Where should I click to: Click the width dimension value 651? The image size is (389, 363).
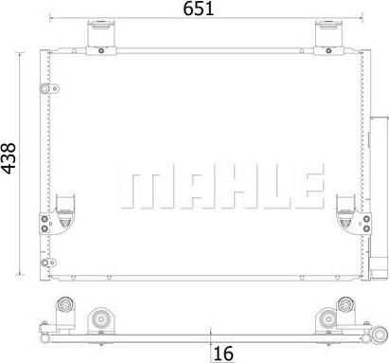pyautogui.click(x=199, y=9)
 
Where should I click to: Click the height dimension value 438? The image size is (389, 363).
pyautogui.click(x=9, y=158)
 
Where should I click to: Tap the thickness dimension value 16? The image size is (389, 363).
pyautogui.click(x=223, y=354)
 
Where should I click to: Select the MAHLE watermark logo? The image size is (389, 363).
pyautogui.click(x=222, y=186)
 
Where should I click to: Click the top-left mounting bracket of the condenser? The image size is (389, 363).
pyautogui.click(x=101, y=37)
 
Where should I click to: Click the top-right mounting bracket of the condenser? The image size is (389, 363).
pyautogui.click(x=328, y=37)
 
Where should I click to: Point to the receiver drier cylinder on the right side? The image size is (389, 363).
pyautogui.click(x=379, y=197)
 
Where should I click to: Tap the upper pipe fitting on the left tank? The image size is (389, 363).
pyautogui.click(x=49, y=89)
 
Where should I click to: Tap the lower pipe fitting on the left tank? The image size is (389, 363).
pyautogui.click(x=48, y=263)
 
